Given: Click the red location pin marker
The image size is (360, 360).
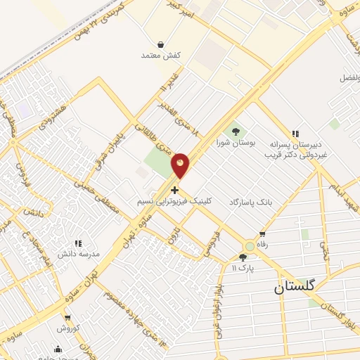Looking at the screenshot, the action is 181,166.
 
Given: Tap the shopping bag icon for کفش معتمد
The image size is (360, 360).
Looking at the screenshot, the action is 161,44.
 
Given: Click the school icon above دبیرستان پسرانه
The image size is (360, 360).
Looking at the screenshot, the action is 295,132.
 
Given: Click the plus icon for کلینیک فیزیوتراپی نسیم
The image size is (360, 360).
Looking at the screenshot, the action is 174,190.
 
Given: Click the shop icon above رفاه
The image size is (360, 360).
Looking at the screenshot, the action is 262,233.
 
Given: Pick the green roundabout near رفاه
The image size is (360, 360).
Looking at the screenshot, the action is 250,246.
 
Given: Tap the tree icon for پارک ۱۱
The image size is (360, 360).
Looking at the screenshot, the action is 243,257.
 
